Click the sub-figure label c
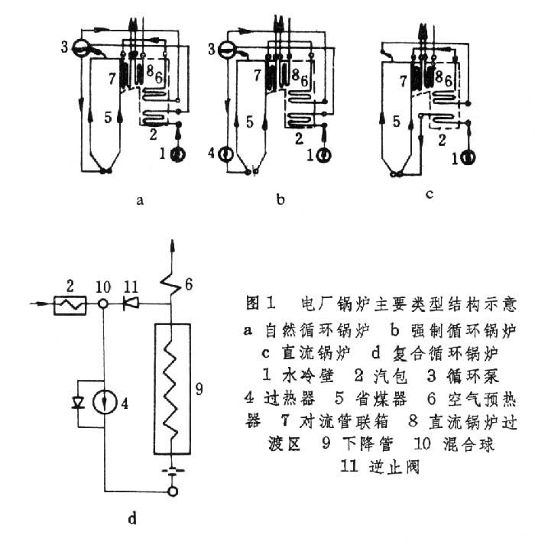pos(430,194)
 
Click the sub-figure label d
pos(132,520)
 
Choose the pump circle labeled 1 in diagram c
pos(468,158)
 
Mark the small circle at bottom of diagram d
pos(173,491)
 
